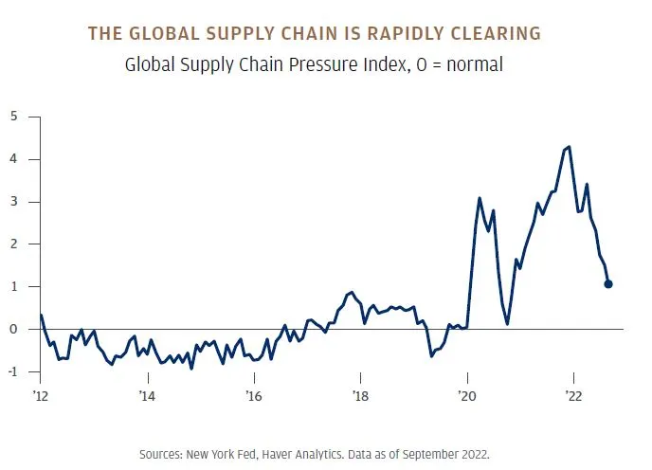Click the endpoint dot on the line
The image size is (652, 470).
pos(608,283)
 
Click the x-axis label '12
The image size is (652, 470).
pos(40,394)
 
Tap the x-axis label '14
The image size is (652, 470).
pos(147,394)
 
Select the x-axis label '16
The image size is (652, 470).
pos(253,394)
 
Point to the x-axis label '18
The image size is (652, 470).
pos(359,394)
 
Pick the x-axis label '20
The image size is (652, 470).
pos(466,394)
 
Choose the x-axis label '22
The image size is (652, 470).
pos(572,394)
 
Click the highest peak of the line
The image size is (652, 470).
pos(569,147)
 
